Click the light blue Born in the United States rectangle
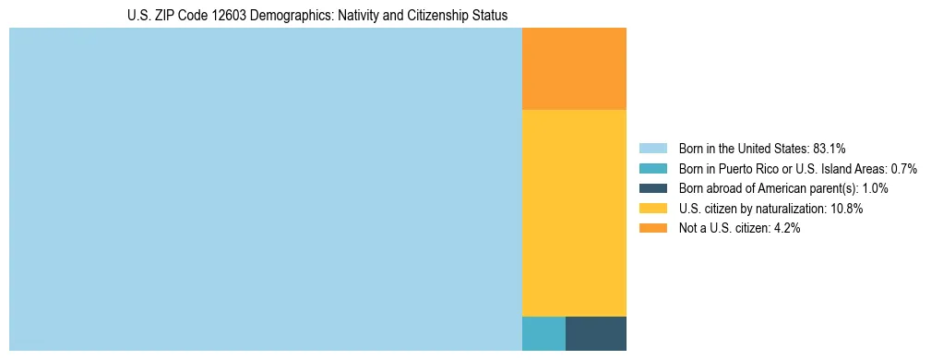pos(265,189)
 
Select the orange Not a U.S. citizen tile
pos(574,69)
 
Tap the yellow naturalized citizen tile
pos(574,213)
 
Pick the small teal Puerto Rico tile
pos(543,333)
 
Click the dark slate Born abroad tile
pos(595,333)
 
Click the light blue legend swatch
pos(652,149)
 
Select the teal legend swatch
pos(652,169)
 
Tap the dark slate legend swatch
pos(652,189)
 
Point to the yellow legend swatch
pos(652,209)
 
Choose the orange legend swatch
pos(652,229)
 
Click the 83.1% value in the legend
pos(829,149)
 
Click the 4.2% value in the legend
pos(784,229)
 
